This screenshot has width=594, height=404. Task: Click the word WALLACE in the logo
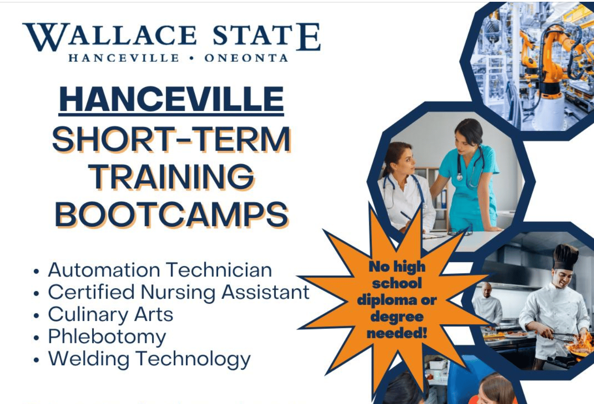tap(110, 37)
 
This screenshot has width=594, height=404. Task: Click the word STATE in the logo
tap(266, 37)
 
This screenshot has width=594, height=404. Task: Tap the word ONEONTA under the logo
tap(246, 58)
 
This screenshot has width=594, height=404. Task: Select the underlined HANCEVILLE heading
tap(171, 100)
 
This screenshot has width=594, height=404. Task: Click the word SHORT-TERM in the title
tap(171, 140)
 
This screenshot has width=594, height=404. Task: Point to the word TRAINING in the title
tap(171, 177)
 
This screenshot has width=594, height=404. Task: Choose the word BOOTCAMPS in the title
tap(171, 215)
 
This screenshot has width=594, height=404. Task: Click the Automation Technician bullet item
tap(160, 270)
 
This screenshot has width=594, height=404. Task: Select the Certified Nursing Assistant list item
tap(178, 293)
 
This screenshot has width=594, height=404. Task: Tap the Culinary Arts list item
tap(111, 315)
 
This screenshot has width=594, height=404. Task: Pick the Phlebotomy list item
tap(107, 337)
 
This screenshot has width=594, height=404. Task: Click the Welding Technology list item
tap(149, 359)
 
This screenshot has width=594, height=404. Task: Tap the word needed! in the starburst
tap(397, 333)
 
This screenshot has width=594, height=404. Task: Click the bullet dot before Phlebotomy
tap(36, 338)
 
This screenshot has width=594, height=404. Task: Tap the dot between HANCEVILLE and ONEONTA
tap(192, 58)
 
